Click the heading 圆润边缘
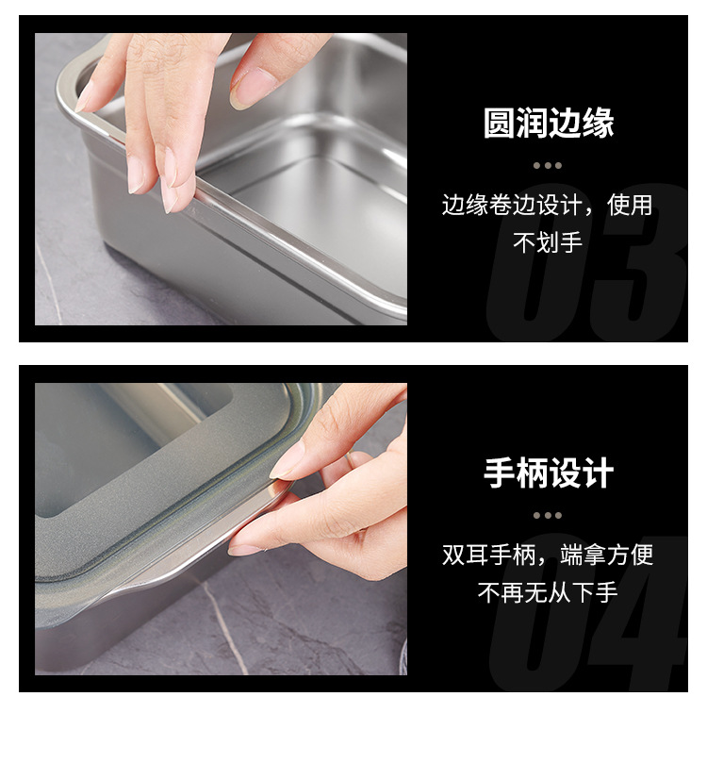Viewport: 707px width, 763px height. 548,124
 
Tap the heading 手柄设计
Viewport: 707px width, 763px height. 548,473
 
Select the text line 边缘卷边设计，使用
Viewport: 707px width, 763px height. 548,205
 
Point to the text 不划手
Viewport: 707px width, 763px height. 548,242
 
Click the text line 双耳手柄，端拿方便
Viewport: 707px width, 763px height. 548,555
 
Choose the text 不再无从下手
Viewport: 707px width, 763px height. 548,592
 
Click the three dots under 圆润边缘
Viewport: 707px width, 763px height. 548,165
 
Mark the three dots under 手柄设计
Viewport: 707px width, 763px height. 548,515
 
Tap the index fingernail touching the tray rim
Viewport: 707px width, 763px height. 170,194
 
